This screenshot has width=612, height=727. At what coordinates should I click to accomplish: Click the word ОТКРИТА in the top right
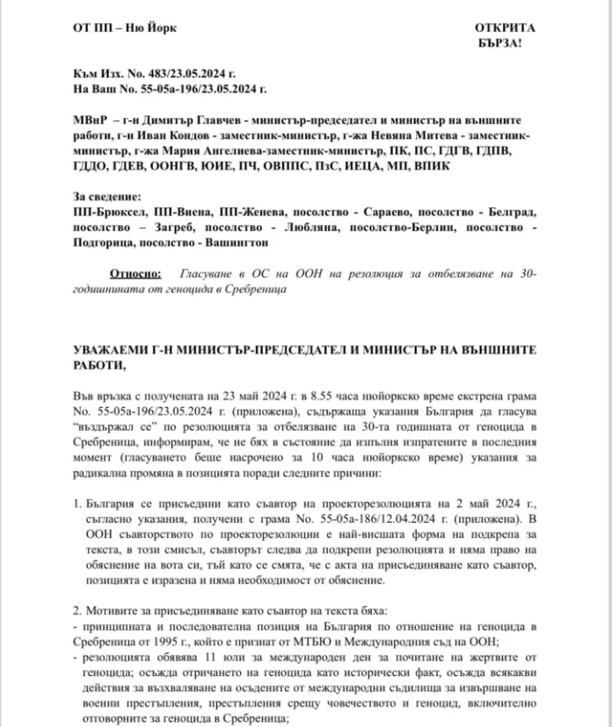(504, 27)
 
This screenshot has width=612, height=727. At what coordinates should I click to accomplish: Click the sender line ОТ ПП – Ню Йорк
(124, 27)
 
